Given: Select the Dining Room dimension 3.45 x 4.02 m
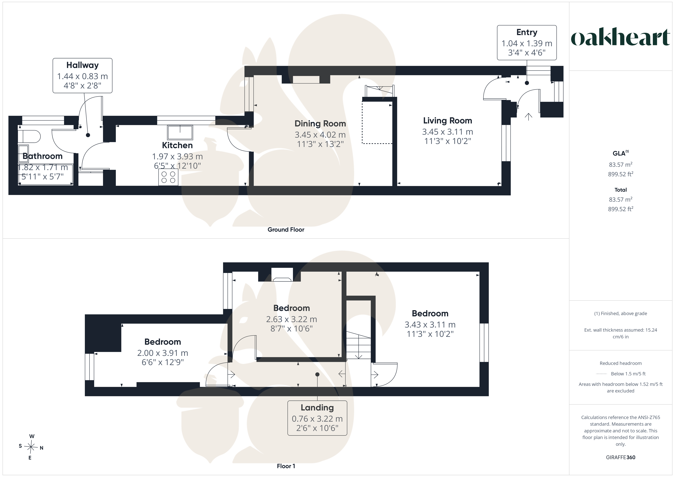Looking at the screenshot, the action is coord(320,135).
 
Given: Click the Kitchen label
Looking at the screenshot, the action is coord(177,145).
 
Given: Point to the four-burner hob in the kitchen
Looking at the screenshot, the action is coord(168,177).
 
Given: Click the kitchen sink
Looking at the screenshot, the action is coord(180,133).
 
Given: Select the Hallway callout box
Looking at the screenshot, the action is coord(82,76).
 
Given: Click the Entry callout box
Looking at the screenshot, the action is coord(527,43).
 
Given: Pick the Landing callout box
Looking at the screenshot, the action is coord(317,418).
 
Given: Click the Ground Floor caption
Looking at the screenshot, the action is coord(286,230).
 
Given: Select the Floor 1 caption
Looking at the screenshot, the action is coord(286,466).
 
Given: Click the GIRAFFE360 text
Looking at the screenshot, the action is coord(621,457).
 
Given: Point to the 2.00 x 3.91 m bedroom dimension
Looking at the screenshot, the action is coord(163,353).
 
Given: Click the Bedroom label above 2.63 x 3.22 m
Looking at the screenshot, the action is coord(291,308).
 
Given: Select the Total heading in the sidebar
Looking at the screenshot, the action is coord(621,190).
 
